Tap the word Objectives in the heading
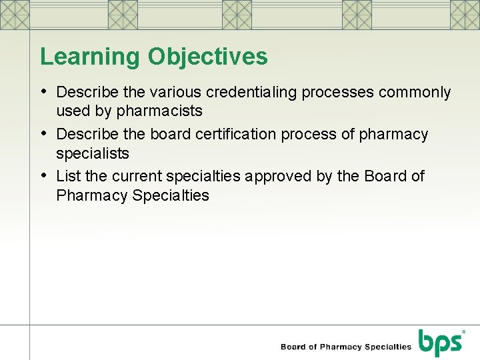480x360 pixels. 207,57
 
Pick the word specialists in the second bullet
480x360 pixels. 93,153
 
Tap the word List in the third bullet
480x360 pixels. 68,176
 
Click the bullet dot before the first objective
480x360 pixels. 44,91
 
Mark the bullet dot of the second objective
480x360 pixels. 44,133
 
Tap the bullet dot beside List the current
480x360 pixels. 44,175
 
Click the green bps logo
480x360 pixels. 440,343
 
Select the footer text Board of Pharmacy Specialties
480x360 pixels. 346,347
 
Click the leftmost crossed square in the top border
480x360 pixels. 15,13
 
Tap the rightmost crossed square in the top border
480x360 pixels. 465,13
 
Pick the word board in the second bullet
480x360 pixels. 171,134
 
